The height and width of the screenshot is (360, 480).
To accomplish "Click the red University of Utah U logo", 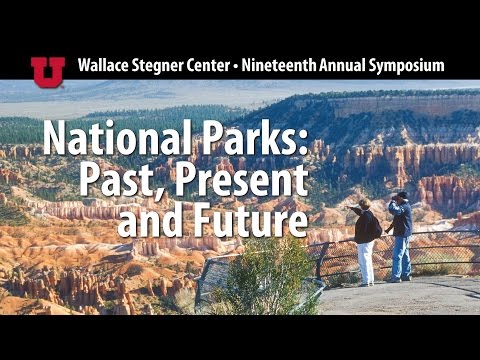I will click(47, 68).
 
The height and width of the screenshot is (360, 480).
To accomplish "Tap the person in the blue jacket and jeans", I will click(400, 235).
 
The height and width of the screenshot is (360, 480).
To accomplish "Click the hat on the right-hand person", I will click(400, 196).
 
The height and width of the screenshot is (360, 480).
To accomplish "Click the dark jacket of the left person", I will click(365, 227).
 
